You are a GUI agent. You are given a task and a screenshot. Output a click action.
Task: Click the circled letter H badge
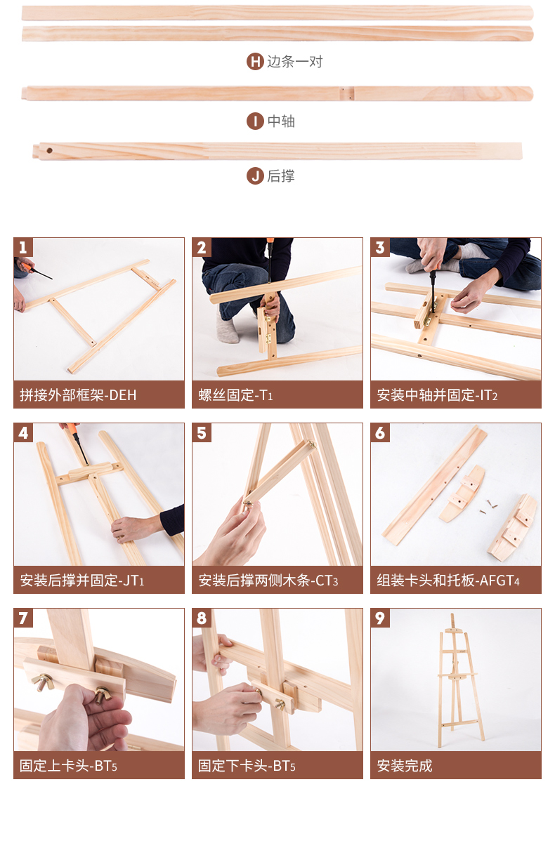pos(255,62)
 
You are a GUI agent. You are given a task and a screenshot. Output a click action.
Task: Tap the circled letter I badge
pos(255,121)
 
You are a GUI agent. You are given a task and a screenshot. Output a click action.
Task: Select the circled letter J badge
pos(255,176)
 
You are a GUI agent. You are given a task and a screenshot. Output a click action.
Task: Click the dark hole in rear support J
pos(49,150)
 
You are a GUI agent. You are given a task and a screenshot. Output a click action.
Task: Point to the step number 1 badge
pos(23,247)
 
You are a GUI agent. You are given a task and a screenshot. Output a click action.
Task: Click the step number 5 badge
pos(202,433)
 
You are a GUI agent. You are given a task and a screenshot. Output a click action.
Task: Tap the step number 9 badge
pos(380,618)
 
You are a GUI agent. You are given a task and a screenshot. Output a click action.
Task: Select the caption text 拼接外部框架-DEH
pos(78,395)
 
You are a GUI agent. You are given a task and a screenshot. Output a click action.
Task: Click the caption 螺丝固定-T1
pos(235,395)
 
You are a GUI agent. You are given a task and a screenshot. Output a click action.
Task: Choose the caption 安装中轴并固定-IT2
pos(437,395)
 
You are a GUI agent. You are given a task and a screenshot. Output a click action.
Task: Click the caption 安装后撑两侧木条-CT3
pos(268,580)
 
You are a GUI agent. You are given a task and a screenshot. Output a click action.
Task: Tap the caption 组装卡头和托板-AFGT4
pos(448,580)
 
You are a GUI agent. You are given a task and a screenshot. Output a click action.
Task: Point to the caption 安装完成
pos(405,766)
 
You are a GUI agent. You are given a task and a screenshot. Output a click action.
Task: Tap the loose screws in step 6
pos(488,506)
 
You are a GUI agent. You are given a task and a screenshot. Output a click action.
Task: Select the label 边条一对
pos(295,62)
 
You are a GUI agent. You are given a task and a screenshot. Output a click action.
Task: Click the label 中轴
pos(281,121)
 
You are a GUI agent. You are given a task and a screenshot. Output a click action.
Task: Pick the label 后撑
pos(281,176)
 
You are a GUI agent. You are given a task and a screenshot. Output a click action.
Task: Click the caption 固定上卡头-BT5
pos(68,766)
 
